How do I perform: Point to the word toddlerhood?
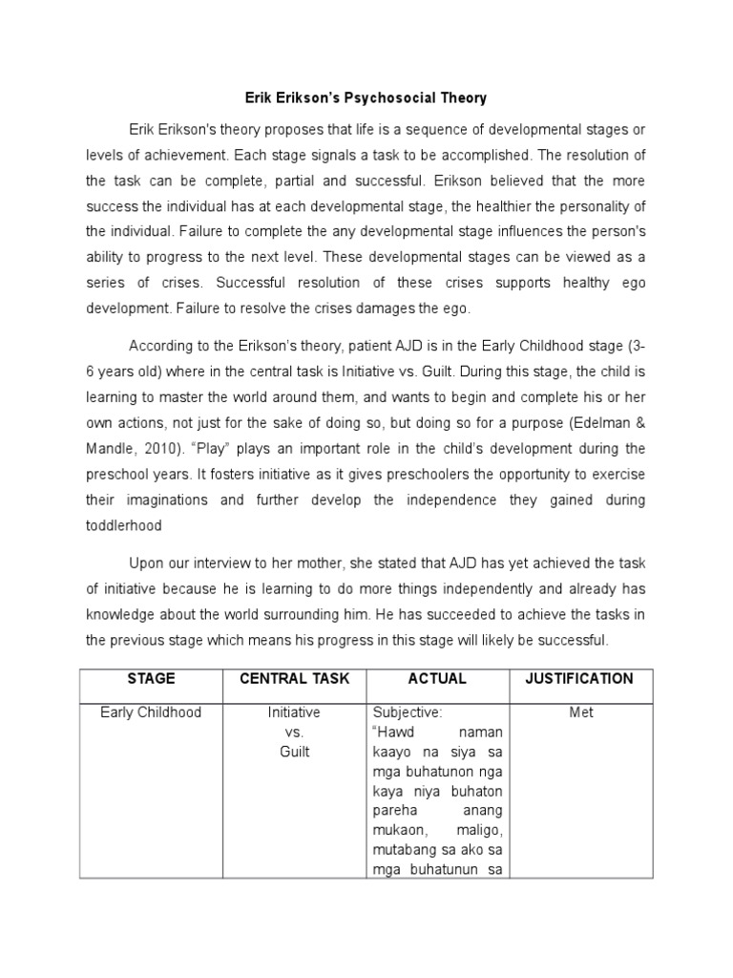click(124, 524)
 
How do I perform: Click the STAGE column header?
click(150, 679)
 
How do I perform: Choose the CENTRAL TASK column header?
click(295, 679)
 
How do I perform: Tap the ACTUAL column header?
click(437, 679)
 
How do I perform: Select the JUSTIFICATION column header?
click(579, 679)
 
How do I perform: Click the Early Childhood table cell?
click(150, 713)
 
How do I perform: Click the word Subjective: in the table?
click(408, 713)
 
